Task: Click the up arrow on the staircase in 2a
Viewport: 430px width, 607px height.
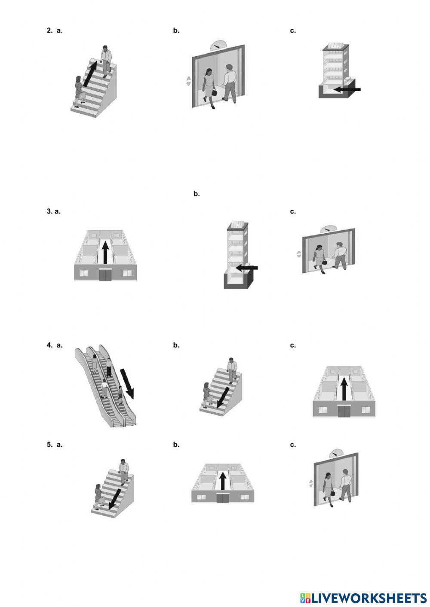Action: [x=90, y=74]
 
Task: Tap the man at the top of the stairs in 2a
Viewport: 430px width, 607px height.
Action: [x=105, y=60]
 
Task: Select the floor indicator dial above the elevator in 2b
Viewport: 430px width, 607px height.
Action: [x=218, y=45]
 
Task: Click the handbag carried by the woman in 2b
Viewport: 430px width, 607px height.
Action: [x=214, y=92]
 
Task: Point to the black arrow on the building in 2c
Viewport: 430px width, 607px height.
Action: [x=347, y=89]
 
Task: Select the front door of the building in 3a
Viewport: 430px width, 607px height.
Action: [x=105, y=275]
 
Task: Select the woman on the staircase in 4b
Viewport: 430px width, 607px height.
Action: [x=207, y=393]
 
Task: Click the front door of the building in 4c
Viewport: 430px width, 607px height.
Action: [x=344, y=411]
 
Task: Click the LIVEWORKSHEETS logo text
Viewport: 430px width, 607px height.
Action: [x=368, y=598]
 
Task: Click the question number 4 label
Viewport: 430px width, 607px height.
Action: [x=49, y=345]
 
